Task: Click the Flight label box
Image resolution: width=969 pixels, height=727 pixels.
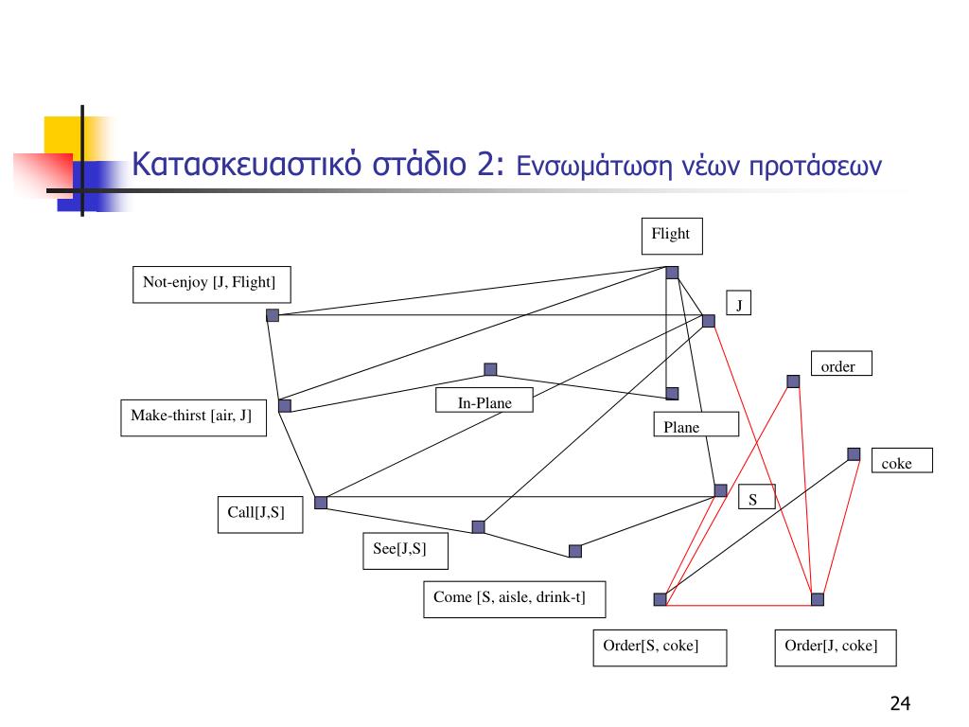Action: (672, 236)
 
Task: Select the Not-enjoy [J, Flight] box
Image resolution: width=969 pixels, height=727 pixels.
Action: (210, 284)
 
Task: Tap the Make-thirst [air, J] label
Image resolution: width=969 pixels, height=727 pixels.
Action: (193, 417)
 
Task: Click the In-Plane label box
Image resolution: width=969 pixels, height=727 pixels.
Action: (484, 402)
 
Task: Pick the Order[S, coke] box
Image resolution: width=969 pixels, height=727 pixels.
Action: (660, 647)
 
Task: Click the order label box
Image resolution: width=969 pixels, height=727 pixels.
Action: (841, 364)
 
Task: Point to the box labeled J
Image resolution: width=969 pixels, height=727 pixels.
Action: (738, 303)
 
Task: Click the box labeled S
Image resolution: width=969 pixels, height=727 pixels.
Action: (753, 497)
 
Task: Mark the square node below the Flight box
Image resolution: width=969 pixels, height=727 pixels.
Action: (672, 273)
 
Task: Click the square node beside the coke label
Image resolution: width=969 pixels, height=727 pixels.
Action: (854, 454)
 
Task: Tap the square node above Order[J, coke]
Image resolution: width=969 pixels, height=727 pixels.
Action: (818, 598)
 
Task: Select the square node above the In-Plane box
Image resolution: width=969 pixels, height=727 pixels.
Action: (490, 369)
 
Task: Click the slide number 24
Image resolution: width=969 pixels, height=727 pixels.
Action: (900, 703)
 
